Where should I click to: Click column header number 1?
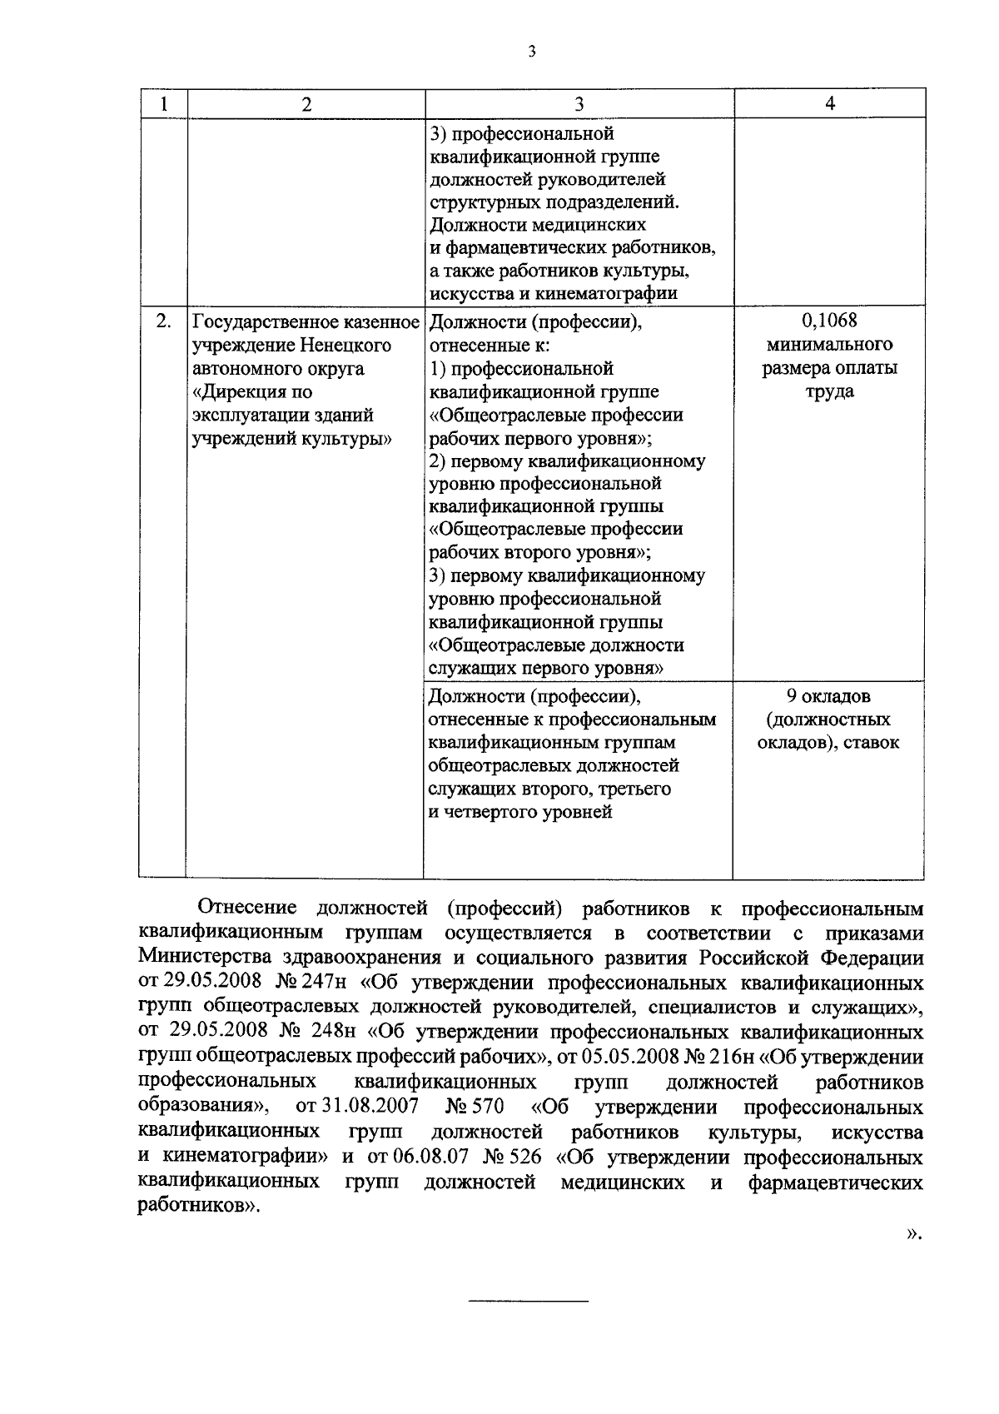163,104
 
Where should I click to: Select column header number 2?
306,104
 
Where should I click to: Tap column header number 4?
829,103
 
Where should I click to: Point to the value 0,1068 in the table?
829,321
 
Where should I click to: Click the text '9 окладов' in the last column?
829,696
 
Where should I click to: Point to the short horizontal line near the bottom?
528,1323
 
